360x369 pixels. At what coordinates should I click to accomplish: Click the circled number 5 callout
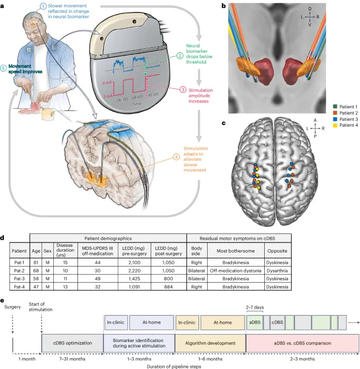pyautogui.click(x=6, y=69)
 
